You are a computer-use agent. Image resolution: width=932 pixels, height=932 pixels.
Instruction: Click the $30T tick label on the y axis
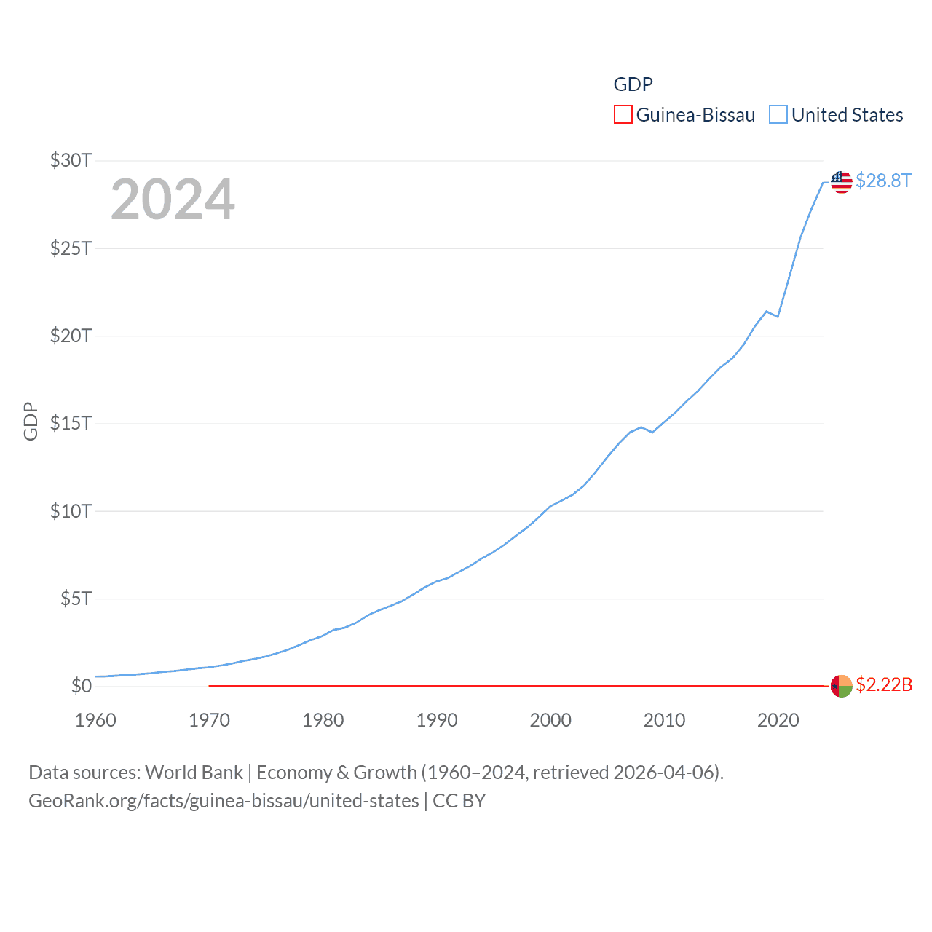pos(71,160)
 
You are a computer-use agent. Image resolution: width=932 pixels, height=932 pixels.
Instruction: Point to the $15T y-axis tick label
pos(71,423)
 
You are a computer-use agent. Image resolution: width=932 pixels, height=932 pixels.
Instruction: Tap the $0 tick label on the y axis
pos(81,686)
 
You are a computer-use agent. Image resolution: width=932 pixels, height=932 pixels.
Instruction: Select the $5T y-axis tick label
pos(76,599)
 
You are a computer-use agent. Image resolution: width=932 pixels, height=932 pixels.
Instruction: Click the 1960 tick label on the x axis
pos(95,720)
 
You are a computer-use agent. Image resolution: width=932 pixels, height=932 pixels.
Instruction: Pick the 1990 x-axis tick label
pos(437,720)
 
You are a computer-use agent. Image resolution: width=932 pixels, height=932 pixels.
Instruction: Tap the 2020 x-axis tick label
pos(778,720)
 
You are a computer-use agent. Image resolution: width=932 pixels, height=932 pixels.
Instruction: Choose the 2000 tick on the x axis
pos(550,720)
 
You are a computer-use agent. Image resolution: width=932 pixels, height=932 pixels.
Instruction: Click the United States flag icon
pos(841,182)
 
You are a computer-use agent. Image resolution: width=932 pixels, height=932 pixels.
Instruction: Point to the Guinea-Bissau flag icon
pos(841,686)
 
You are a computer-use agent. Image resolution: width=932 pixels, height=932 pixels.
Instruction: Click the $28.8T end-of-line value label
pos(883,181)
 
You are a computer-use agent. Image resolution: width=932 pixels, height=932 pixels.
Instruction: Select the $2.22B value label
pos(884,684)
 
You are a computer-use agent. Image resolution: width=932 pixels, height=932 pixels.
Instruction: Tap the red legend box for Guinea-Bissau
pos(623,115)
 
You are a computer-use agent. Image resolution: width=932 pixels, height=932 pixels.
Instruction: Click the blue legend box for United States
pos(778,115)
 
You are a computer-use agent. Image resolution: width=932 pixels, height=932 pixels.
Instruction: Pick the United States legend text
pos(847,115)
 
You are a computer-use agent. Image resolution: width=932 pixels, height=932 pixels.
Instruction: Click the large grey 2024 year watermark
pos(173,200)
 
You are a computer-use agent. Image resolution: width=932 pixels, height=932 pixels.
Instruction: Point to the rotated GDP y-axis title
pos(31,421)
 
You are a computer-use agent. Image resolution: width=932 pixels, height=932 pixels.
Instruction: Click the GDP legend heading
pos(633,84)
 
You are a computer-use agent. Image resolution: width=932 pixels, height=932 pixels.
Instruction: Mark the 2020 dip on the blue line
pos(778,317)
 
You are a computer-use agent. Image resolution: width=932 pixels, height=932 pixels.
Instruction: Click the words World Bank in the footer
pos(194,772)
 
